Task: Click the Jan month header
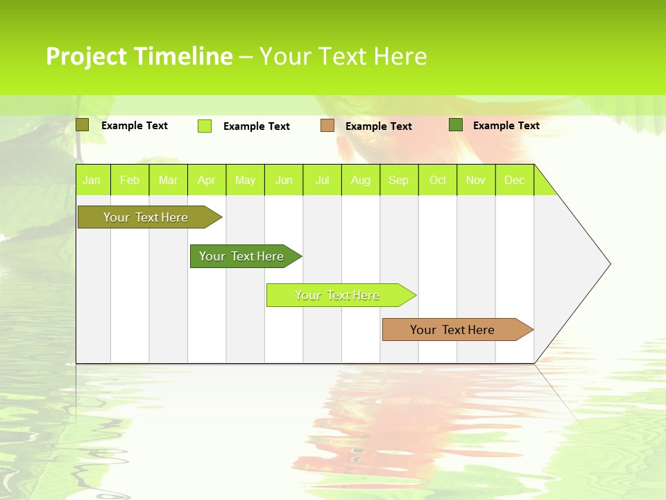coord(92,180)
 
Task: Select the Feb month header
coord(130,180)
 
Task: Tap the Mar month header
coord(168,180)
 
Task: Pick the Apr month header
coord(207,180)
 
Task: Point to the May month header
coord(245,180)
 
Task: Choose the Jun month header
coord(284,180)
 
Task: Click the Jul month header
coord(322,180)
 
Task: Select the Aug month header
coord(361,180)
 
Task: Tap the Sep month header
coord(399,180)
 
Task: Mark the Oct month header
coord(438,180)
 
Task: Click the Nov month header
coord(476,180)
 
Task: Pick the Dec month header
coord(515,180)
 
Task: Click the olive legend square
coord(83,125)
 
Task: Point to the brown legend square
coord(327,126)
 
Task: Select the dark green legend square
coord(456,125)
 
